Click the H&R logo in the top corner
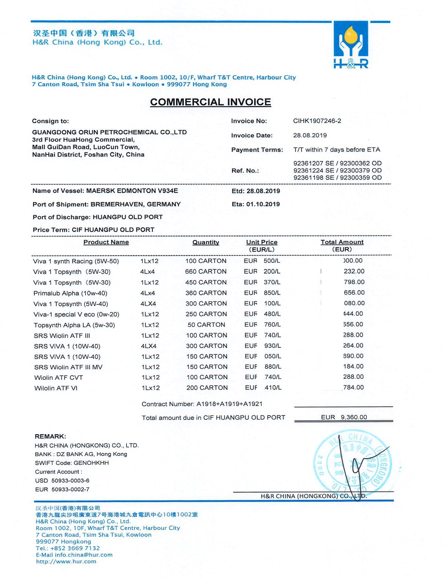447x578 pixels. [351, 45]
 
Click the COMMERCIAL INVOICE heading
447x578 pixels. [211, 102]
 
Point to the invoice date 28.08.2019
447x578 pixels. [310, 136]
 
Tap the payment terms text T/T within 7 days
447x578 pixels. [337, 150]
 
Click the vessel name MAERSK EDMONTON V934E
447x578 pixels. [132, 191]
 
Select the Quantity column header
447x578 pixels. [206, 242]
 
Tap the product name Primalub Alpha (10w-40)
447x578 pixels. [70, 293]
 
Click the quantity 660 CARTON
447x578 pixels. [206, 271]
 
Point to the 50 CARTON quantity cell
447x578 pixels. [206, 325]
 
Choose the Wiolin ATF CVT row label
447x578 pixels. [59, 378]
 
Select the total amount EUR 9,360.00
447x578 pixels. [344, 417]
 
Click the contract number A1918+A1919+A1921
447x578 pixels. [229, 404]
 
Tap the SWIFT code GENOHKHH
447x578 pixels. [91, 463]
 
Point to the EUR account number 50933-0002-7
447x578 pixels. [70, 489]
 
